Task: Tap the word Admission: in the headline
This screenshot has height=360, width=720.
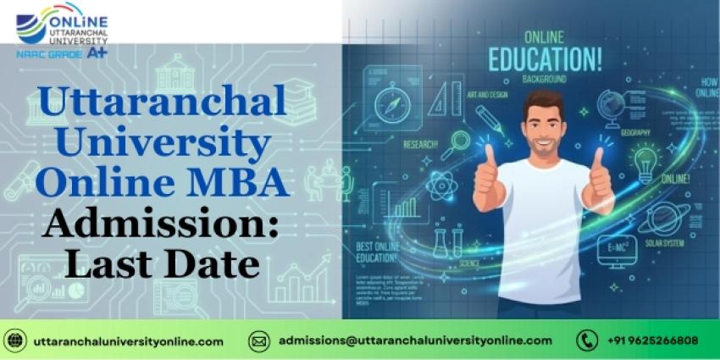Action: pyautogui.click(x=162, y=224)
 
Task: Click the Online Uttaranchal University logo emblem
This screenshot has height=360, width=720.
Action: pyautogui.click(x=32, y=26)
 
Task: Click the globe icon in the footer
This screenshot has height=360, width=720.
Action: pyautogui.click(x=15, y=341)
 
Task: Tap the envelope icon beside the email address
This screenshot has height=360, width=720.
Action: pyautogui.click(x=259, y=341)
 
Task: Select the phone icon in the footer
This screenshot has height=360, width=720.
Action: pyautogui.click(x=586, y=341)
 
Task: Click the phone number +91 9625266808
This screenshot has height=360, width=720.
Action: pyautogui.click(x=652, y=341)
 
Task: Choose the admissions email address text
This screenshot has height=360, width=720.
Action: pyautogui.click(x=415, y=341)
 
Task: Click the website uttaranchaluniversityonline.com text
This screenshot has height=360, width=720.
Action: pyautogui.click(x=128, y=341)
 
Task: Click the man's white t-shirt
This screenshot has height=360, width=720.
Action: pyautogui.click(x=543, y=229)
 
